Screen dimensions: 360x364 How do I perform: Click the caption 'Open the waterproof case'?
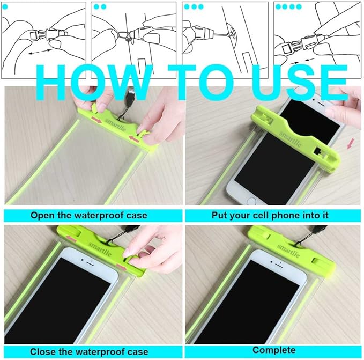coord(89,215)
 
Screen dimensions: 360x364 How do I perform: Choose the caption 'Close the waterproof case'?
coord(89,352)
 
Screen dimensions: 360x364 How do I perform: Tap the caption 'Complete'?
coord(274,350)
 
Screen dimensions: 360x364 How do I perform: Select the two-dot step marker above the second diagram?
coord(100,6)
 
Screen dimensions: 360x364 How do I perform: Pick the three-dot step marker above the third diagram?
coord(194,6)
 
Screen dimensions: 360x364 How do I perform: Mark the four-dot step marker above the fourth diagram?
coord(288,6)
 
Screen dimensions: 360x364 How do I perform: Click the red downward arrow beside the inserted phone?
coord(350,144)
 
